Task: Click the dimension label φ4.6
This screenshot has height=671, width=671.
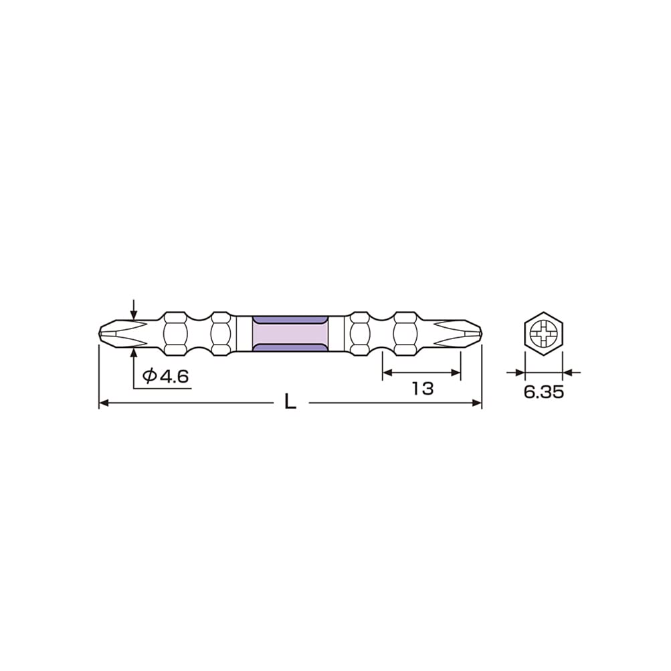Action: (166, 377)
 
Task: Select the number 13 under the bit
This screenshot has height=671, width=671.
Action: (423, 389)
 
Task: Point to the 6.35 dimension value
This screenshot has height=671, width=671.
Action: (543, 392)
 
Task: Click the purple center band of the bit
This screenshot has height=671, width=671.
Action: (290, 332)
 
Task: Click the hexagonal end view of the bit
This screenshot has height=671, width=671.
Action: (543, 332)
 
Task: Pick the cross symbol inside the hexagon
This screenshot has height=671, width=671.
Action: (543, 332)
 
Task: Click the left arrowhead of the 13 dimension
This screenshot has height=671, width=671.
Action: (387, 373)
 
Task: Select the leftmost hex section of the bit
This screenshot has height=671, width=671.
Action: (175, 332)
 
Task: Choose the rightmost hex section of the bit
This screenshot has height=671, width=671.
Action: (405, 332)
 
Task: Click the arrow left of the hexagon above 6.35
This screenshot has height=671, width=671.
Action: (517, 372)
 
